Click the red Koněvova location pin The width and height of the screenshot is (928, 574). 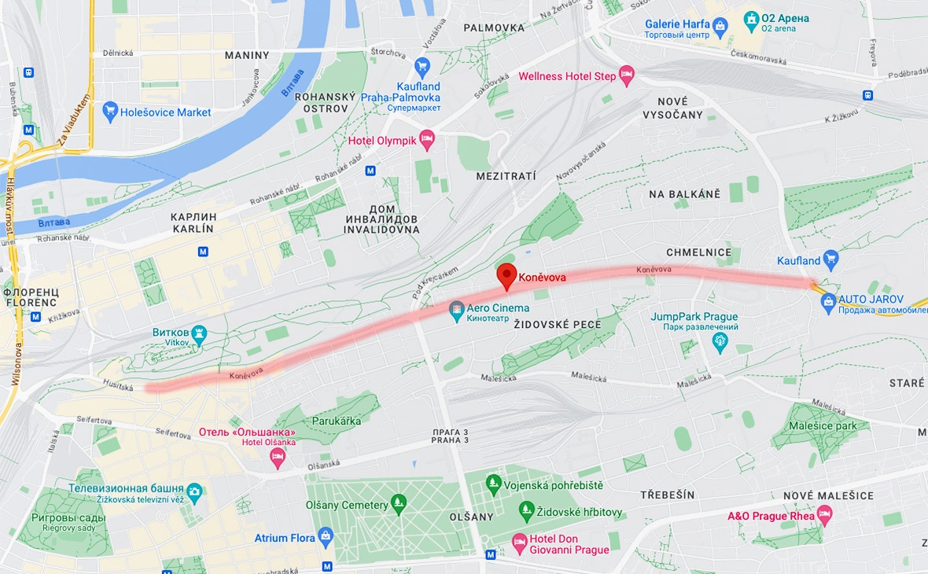(507, 276)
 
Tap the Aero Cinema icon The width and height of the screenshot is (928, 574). (456, 312)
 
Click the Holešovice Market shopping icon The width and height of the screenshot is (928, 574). (110, 112)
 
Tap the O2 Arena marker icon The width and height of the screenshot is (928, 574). (751, 18)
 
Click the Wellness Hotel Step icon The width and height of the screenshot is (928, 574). (627, 76)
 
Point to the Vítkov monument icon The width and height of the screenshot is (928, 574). (200, 333)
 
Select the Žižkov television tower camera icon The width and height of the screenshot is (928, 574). (194, 493)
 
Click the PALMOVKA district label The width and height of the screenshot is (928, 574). (494, 28)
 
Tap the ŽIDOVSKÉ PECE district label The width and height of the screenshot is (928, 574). (557, 325)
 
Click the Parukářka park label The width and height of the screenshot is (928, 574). (337, 421)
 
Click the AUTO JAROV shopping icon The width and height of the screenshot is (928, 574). (828, 300)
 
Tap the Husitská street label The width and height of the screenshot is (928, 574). (119, 385)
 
